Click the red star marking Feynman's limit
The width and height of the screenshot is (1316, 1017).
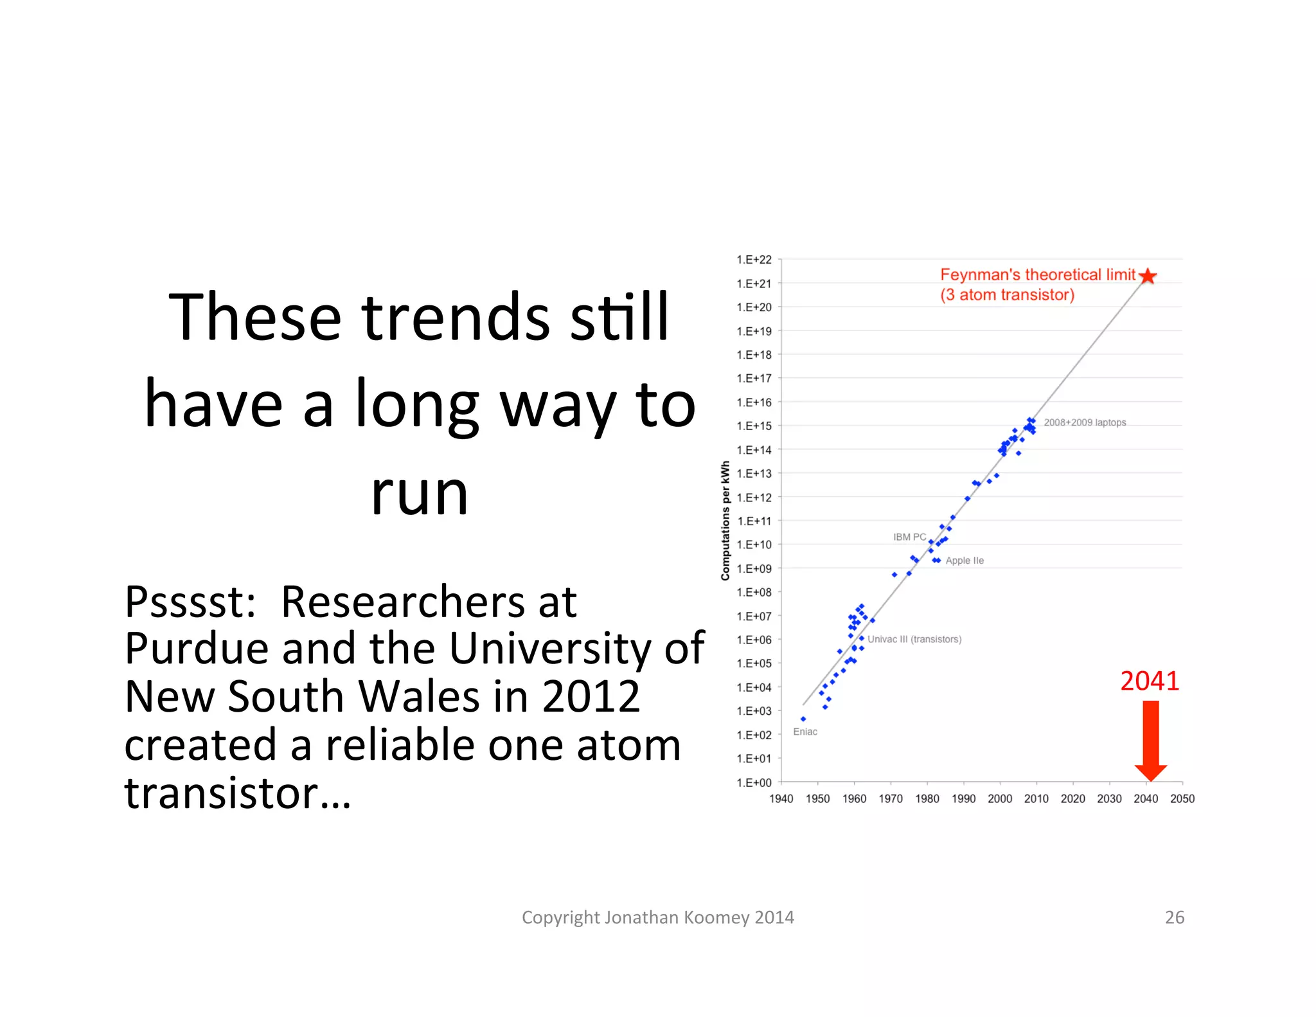(1148, 276)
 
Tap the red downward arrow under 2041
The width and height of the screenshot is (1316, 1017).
(1150, 739)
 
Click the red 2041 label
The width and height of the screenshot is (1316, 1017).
(1150, 681)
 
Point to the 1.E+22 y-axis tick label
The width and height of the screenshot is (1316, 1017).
(754, 260)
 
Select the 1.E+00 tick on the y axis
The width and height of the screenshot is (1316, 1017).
(754, 782)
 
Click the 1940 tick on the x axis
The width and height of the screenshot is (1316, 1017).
(781, 798)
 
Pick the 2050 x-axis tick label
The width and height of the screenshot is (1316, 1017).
(1182, 798)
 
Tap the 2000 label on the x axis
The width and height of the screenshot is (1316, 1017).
(1000, 798)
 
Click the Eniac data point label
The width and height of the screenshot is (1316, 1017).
(805, 732)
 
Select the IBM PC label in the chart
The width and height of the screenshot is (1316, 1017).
(909, 537)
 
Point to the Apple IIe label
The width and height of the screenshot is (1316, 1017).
(965, 561)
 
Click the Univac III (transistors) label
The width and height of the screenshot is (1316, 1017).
(914, 639)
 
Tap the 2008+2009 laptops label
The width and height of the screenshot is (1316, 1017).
(1085, 422)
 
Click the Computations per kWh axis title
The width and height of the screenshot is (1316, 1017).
(725, 521)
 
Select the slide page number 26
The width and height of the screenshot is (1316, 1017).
(1175, 917)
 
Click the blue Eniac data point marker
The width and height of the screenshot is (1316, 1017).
(803, 719)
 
